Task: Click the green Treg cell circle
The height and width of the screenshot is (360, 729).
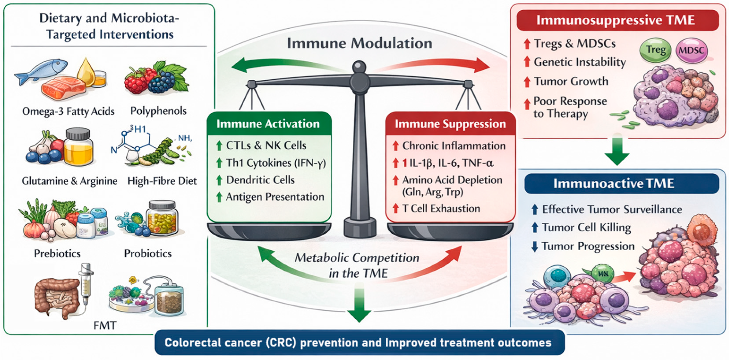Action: [655, 50]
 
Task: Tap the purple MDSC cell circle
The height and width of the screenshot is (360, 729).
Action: [691, 51]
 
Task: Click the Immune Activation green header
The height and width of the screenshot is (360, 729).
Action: [268, 124]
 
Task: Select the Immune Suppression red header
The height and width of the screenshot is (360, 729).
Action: [450, 124]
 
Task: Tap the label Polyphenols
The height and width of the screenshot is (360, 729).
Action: [158, 111]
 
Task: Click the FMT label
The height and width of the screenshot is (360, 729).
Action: [105, 325]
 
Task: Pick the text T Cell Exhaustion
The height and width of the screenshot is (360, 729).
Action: [441, 208]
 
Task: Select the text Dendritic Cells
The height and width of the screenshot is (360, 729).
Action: [260, 180]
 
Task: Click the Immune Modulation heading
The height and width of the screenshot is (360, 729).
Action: [359, 43]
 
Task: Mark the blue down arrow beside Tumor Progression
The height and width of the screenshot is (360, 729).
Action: [535, 246]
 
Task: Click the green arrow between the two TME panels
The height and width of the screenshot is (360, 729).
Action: [617, 153]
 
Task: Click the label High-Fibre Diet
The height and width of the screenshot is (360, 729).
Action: [162, 181]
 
